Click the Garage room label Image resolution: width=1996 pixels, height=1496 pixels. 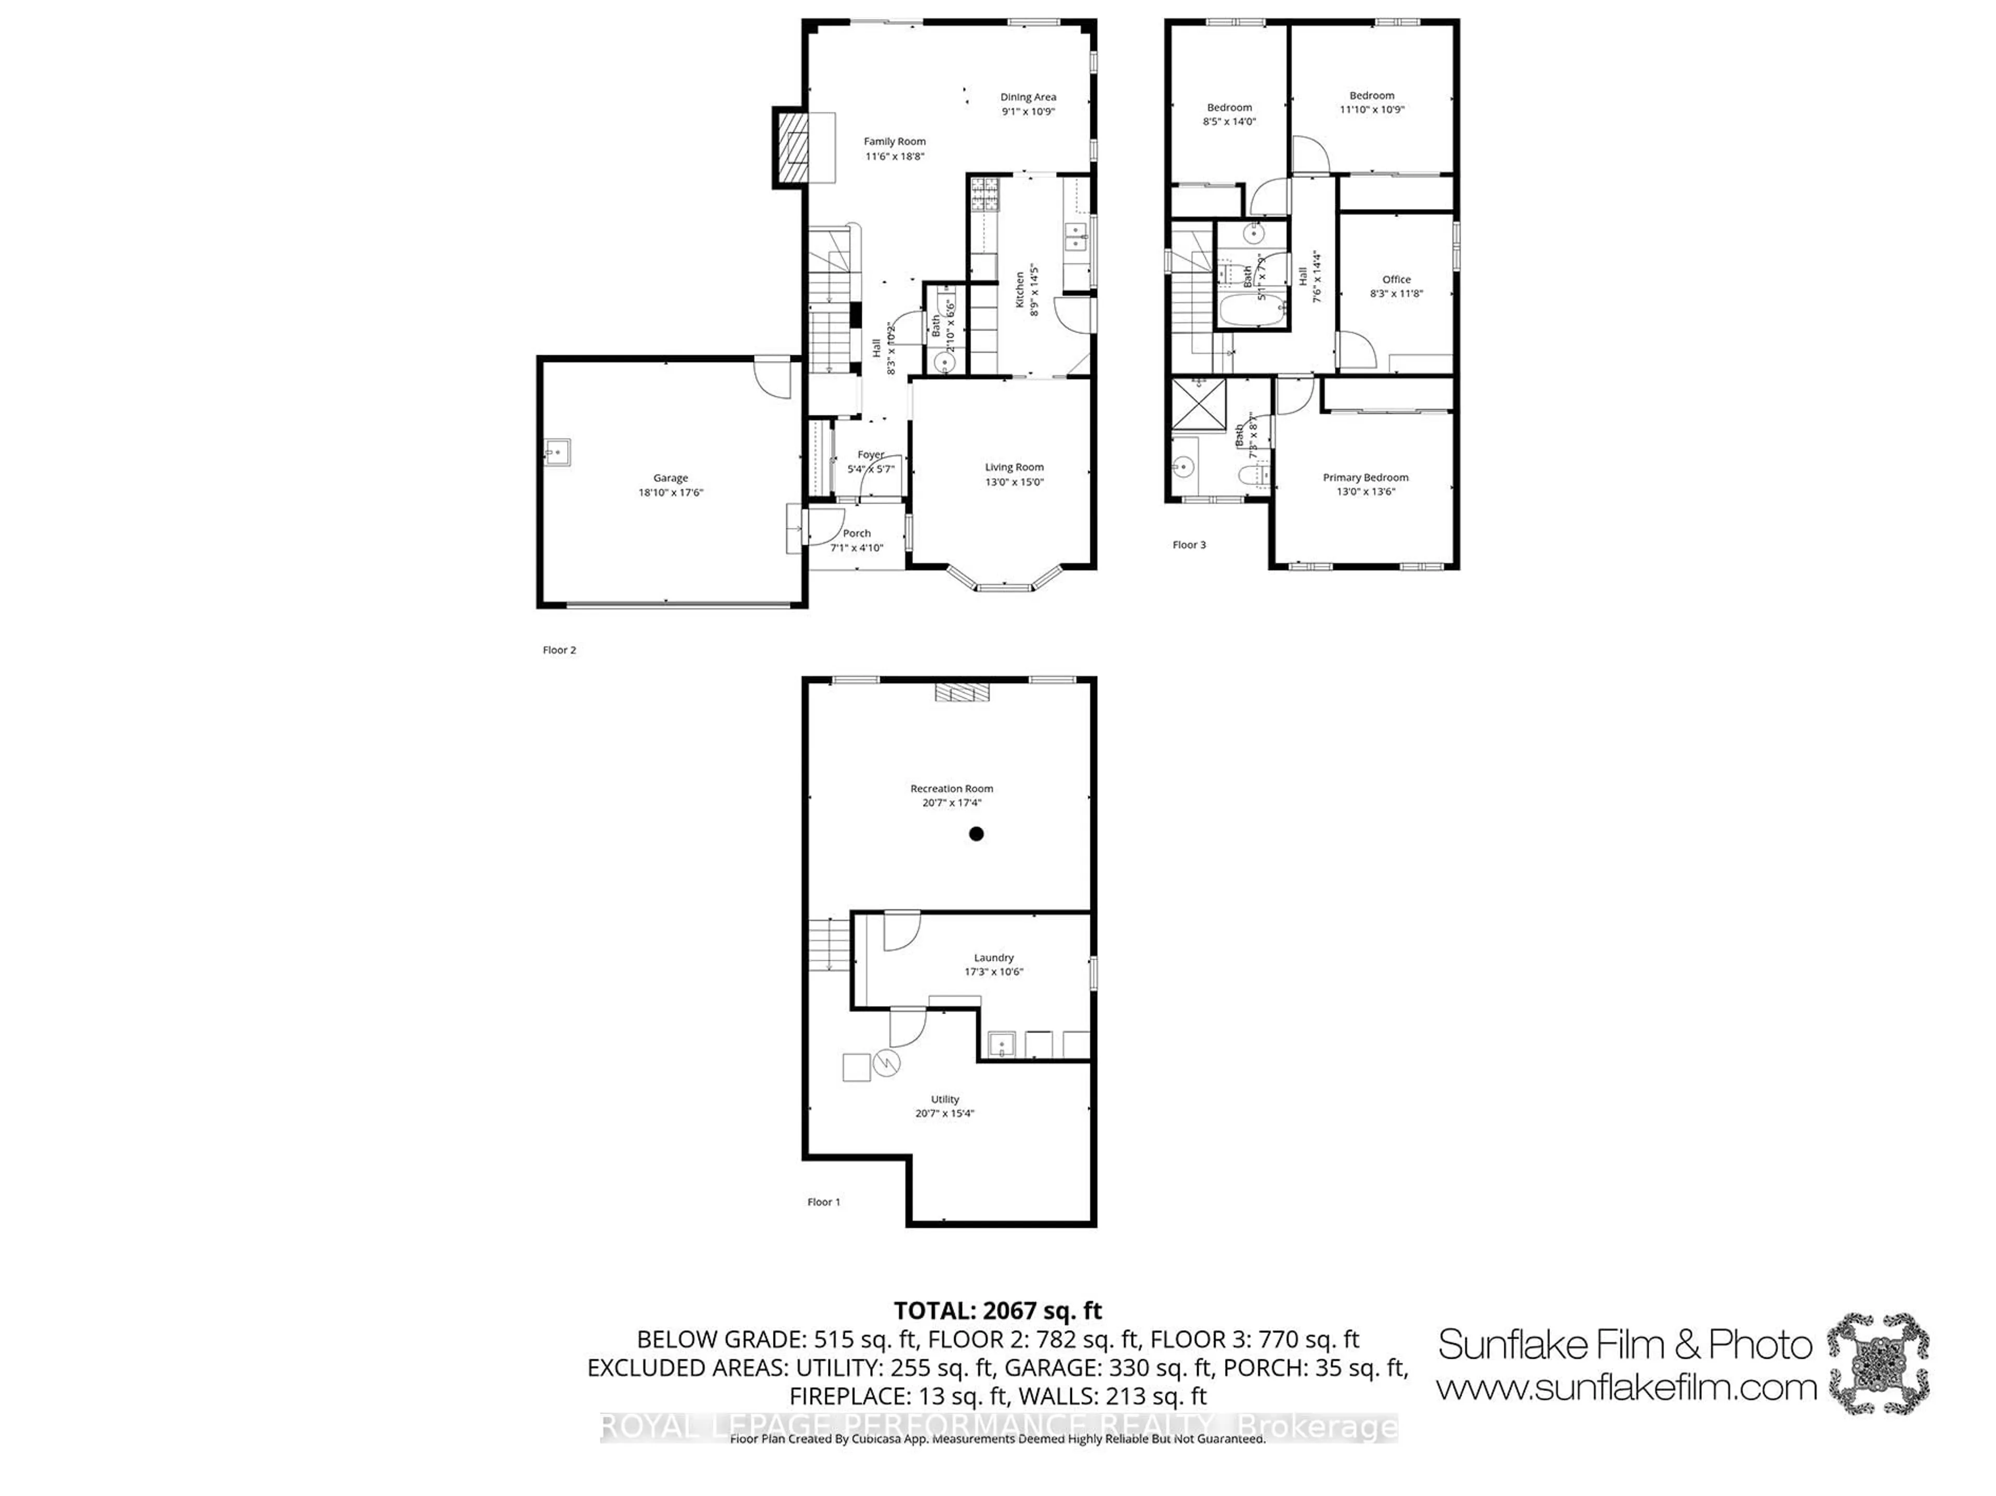coord(671,478)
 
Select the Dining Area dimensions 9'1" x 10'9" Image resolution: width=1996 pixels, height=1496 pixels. coord(1028,112)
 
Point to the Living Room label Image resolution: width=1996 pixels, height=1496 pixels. coord(1014,467)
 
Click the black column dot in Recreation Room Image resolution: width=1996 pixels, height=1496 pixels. coord(976,833)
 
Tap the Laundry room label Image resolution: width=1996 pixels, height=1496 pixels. coord(993,957)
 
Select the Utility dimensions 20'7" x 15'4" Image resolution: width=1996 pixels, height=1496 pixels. coord(945,1114)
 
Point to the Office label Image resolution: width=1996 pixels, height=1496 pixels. coord(1396,280)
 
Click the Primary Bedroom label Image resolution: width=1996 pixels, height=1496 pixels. coord(1365,478)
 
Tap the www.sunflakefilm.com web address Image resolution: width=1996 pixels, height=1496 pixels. coord(1626,1388)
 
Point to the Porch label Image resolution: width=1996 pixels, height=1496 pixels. coord(856,533)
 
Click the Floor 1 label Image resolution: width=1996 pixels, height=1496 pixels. coord(823,1202)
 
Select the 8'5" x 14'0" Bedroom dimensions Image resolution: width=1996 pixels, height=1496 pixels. coord(1229,122)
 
